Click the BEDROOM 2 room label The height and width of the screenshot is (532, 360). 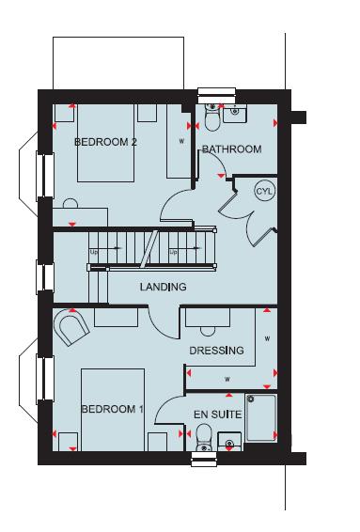[x=105, y=142]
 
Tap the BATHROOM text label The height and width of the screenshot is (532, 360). [x=231, y=149]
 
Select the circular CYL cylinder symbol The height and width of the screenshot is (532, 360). [x=263, y=191]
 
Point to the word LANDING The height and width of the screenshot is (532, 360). [x=163, y=287]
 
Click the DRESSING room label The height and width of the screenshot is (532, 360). [x=216, y=351]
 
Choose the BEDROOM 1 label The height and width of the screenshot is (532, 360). [x=112, y=410]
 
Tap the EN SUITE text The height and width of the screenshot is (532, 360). [x=218, y=414]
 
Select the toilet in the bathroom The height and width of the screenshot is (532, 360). [x=211, y=118]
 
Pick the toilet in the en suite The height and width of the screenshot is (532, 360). [x=204, y=437]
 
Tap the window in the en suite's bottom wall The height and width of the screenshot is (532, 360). [x=204, y=458]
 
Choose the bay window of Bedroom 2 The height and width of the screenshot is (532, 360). [x=38, y=174]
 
